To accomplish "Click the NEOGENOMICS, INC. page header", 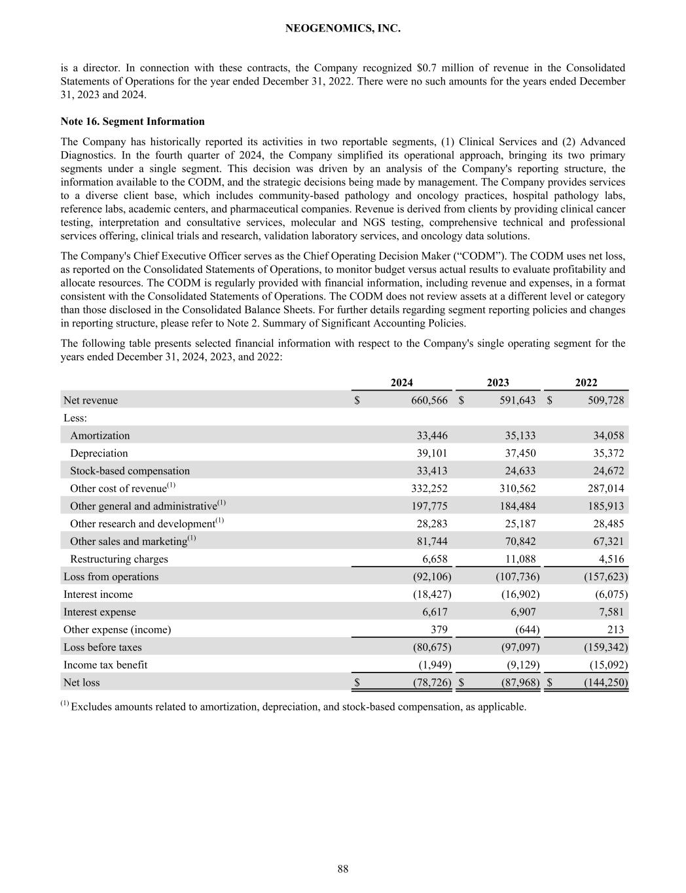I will point(343,29).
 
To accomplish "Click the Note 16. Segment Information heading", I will point(132,122).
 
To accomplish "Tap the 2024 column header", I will point(401,383).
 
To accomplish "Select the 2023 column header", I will point(497,383).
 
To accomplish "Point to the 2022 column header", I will point(586,383).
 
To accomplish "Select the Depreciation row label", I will point(99,453).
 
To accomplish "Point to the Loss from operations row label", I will point(111,577).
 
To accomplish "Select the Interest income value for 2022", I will point(608,595).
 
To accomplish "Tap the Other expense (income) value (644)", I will point(524,630).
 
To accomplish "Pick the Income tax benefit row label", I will point(105,665).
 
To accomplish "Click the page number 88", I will point(343,869).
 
